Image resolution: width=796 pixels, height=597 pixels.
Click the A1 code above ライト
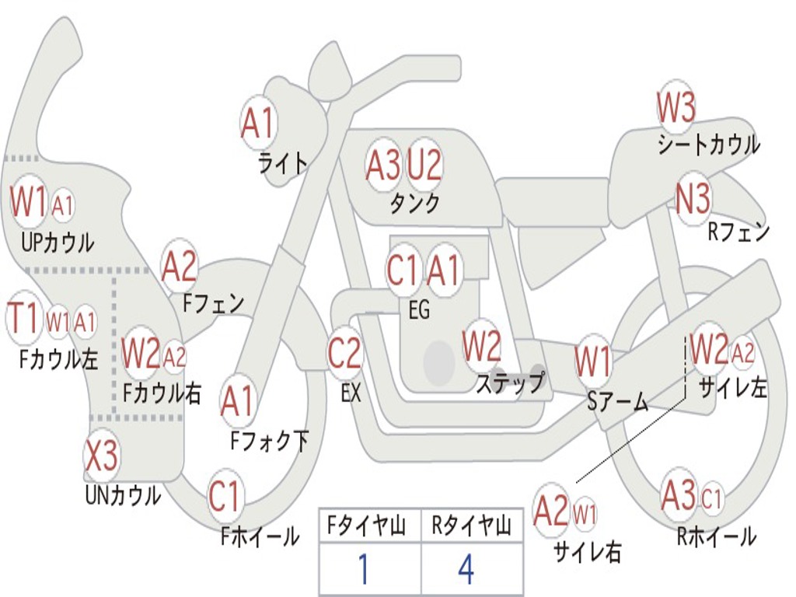pyautogui.click(x=258, y=121)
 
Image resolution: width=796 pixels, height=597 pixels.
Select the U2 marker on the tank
pyautogui.click(x=424, y=164)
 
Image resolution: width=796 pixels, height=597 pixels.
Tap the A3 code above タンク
pyautogui.click(x=383, y=164)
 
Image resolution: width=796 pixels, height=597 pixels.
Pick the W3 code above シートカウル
pyautogui.click(x=676, y=107)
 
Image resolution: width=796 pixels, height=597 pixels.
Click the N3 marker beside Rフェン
pyautogui.click(x=693, y=199)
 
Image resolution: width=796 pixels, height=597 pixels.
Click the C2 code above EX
pyautogui.click(x=344, y=354)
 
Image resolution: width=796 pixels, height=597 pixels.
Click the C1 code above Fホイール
pyautogui.click(x=225, y=497)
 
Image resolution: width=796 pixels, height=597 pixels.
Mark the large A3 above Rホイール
pyautogui.click(x=679, y=496)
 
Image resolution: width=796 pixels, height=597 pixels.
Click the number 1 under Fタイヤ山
pyautogui.click(x=362, y=570)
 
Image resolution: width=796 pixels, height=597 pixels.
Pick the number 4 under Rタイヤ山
pyautogui.click(x=466, y=570)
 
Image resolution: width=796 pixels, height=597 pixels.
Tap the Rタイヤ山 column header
pyautogui.click(x=471, y=527)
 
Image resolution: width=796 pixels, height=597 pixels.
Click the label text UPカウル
pyautogui.click(x=58, y=243)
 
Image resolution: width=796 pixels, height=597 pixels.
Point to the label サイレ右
pyautogui.click(x=588, y=551)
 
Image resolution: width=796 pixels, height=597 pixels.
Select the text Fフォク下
pyautogui.click(x=270, y=442)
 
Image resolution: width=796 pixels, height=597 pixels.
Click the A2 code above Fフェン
pyautogui.click(x=180, y=266)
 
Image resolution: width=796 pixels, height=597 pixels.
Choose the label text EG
pyautogui.click(x=419, y=310)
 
